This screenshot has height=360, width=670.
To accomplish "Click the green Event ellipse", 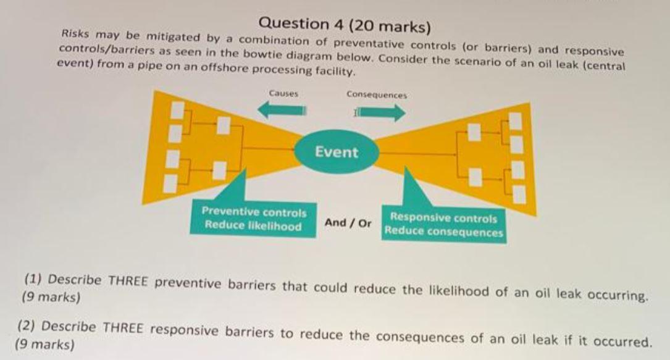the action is [337, 151].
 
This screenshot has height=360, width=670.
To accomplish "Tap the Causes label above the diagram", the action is [283, 94].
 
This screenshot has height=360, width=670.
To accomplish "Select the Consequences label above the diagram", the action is [377, 95].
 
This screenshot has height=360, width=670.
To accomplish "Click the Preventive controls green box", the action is [254, 219].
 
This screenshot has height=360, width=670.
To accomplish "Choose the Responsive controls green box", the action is [443, 225].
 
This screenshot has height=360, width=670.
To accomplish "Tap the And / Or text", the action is [348, 222].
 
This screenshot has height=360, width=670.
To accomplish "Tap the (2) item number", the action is [27, 325].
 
